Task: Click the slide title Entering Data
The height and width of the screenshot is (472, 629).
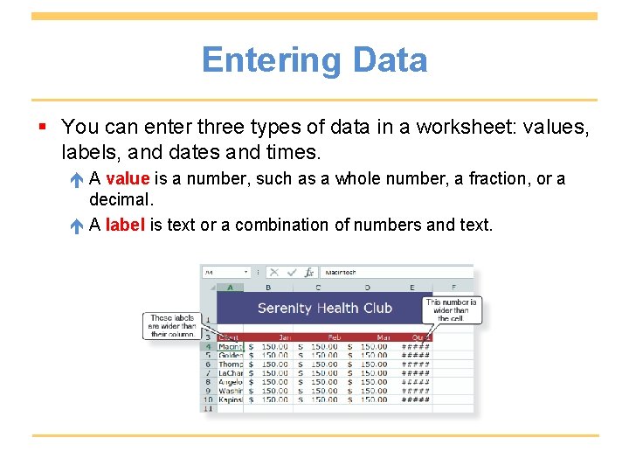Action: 314,60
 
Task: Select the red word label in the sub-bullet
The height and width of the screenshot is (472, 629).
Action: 125,226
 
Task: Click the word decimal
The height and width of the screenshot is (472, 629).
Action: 121,200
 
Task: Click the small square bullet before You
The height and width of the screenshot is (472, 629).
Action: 43,128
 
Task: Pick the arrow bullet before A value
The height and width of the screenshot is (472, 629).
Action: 77,180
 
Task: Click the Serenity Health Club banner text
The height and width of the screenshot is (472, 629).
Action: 325,308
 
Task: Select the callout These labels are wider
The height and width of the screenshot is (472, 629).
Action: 172,326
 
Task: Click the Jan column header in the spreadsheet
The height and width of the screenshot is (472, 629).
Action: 284,337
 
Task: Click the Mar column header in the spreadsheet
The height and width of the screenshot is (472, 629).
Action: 381,337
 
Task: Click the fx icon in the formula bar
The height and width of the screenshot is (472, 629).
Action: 308,273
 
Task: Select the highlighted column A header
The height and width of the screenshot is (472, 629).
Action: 230,287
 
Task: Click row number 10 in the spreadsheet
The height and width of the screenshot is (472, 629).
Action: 208,399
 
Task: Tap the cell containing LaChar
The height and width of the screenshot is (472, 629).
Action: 231,373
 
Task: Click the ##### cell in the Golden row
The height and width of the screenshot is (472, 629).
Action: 415,356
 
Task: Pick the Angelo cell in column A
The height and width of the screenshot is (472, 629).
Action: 231,382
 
